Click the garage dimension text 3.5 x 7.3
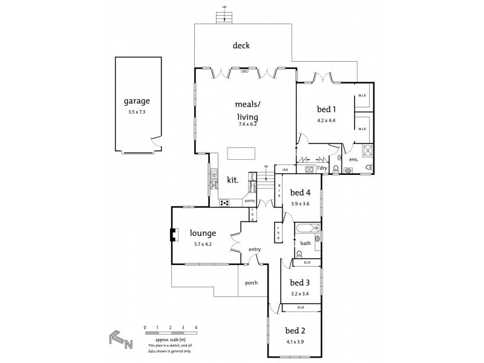[x=137, y=112]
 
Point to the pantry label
[x=249, y=201]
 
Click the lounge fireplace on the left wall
[x=174, y=235]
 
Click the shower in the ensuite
[x=366, y=150]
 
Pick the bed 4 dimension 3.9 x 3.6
[x=300, y=204]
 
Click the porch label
[x=252, y=283]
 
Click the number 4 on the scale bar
[x=196, y=327]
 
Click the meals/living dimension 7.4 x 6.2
[x=248, y=124]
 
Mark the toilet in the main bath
[x=299, y=253]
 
